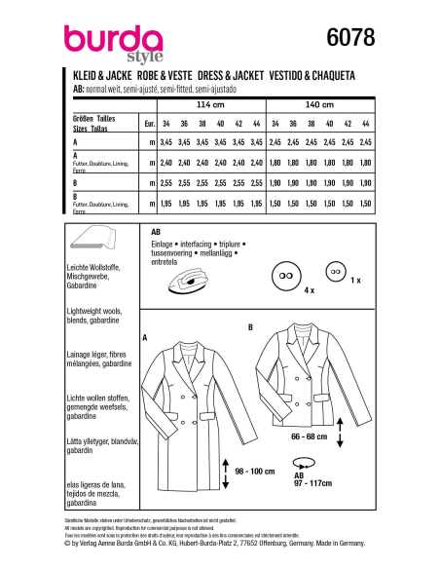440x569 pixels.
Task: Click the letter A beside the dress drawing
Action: point(144,338)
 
